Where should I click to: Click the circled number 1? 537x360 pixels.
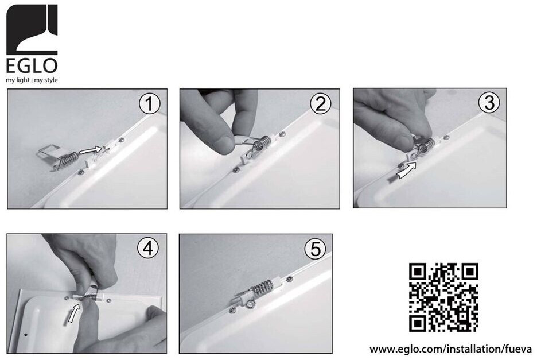[149, 104]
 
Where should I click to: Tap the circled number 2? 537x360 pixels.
[321, 104]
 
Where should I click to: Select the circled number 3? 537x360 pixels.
[489, 103]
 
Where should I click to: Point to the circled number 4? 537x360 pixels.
[148, 249]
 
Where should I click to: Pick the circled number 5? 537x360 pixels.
[316, 249]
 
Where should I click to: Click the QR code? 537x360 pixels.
[443, 297]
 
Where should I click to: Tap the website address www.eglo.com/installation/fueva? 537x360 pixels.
[450, 349]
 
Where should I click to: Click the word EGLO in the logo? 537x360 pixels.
[32, 66]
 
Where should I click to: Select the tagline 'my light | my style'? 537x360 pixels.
[32, 80]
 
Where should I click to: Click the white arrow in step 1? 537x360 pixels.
[91, 150]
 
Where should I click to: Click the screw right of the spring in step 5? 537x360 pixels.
[290, 278]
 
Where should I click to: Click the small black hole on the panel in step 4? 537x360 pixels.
[26, 334]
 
